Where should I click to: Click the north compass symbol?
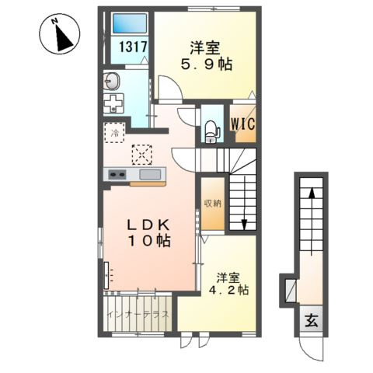coord(61,35)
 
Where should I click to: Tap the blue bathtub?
coord(130,23)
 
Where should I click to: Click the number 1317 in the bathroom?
coord(133,47)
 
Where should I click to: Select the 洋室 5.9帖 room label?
coord(206,56)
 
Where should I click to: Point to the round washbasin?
coord(111,81)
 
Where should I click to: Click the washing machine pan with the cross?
coord(113,103)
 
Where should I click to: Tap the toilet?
coord(212,131)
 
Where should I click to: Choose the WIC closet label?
coord(242,124)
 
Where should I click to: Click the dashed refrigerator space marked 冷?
coord(115,133)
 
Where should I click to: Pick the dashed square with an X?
coord(141,155)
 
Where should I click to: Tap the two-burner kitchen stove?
coord(117,174)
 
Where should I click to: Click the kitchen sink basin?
coord(150,174)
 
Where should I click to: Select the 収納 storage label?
coord(213,204)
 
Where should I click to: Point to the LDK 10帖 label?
coord(148,233)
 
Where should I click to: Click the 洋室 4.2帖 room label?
coord(228,284)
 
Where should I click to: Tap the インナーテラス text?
coord(138,315)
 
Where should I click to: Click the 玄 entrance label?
coord(312,321)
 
